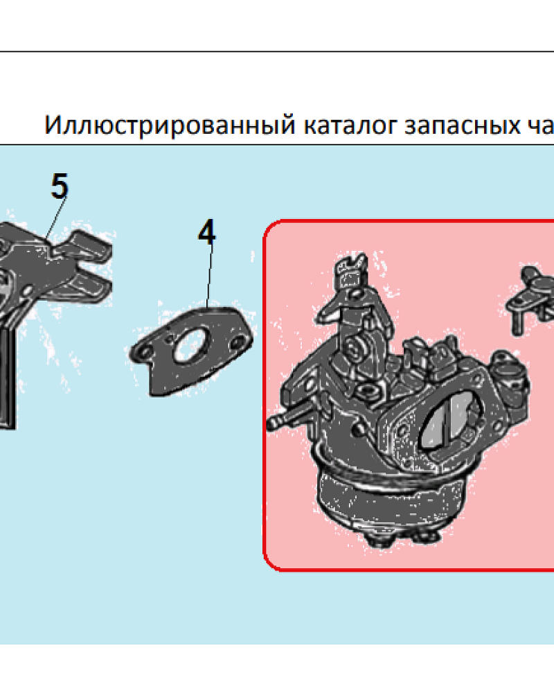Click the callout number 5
[60, 187]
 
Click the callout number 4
[206, 233]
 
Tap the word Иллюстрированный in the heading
[170, 125]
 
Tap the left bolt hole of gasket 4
[145, 353]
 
